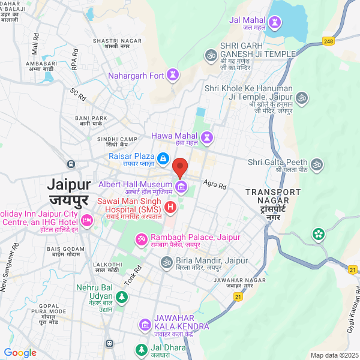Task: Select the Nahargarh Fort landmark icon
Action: tap(173, 75)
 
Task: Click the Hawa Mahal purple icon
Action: tap(208, 137)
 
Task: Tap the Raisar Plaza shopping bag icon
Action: tap(164, 157)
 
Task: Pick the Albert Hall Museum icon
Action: tap(181, 188)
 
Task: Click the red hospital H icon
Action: tap(170, 208)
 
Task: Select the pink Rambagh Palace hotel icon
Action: tap(142, 239)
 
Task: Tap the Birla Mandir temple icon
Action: tap(166, 262)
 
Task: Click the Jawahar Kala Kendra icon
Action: tap(145, 325)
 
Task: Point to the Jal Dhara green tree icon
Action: tap(141, 349)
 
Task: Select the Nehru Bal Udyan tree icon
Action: tap(122, 296)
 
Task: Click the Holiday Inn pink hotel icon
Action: tap(86, 221)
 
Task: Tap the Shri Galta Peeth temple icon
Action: tap(317, 163)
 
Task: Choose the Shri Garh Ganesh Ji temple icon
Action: tap(211, 55)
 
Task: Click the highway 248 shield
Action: tap(328, 41)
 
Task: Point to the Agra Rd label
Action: tap(214, 183)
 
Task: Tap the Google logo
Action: tap(20, 352)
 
